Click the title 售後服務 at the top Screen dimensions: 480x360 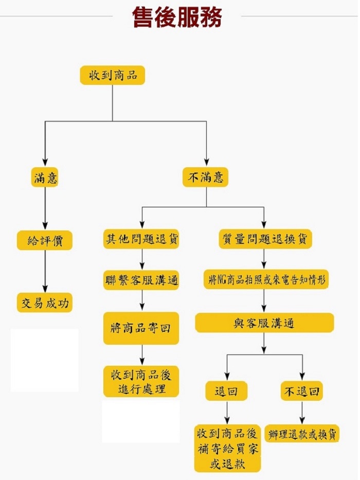click(x=177, y=18)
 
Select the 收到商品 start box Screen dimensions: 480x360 click(x=113, y=75)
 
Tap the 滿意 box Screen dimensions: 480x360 click(x=45, y=178)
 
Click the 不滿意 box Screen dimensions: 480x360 click(x=206, y=178)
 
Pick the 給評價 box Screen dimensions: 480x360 click(x=45, y=240)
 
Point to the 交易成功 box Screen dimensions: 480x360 click(x=45, y=303)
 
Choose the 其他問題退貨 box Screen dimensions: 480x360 click(x=141, y=239)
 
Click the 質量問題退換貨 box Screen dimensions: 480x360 click(x=264, y=239)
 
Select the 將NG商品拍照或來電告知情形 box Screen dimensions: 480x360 click(x=265, y=280)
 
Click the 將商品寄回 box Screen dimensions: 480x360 click(x=141, y=328)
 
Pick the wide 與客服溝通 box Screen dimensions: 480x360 click(x=264, y=323)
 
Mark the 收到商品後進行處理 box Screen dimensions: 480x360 click(x=141, y=381)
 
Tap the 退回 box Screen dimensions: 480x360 click(x=226, y=392)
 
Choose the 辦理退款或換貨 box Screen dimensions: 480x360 click(x=302, y=434)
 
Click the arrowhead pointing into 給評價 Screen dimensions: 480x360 click(x=45, y=225)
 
